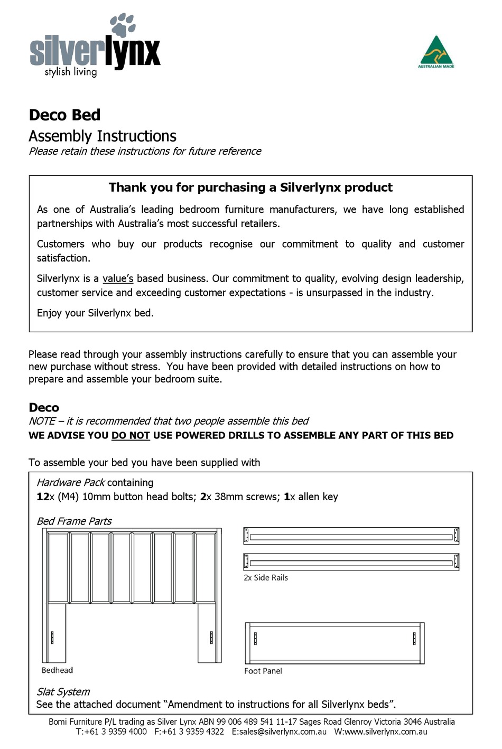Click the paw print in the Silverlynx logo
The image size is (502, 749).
pos(123,25)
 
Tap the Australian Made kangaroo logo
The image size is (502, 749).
pos(436,52)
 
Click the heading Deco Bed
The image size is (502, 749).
pos(64,115)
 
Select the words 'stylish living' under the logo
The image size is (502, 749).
pos(70,72)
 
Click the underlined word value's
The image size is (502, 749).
pos(118,278)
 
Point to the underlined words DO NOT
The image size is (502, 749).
pos(131,435)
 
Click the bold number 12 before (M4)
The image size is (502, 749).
pos(42,497)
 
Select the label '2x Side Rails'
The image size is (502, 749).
pos(266,578)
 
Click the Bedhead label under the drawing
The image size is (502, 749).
pos(57,670)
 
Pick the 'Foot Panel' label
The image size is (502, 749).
pos(263,671)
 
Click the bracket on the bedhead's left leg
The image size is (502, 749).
pos(52,638)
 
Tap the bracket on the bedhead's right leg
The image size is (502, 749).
pos(211,638)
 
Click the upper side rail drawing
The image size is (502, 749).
pos(351,536)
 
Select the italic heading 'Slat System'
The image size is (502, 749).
pos(63,691)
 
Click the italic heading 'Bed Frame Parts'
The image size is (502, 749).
pos(74,521)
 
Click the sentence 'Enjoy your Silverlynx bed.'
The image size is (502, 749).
pos(95,313)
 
